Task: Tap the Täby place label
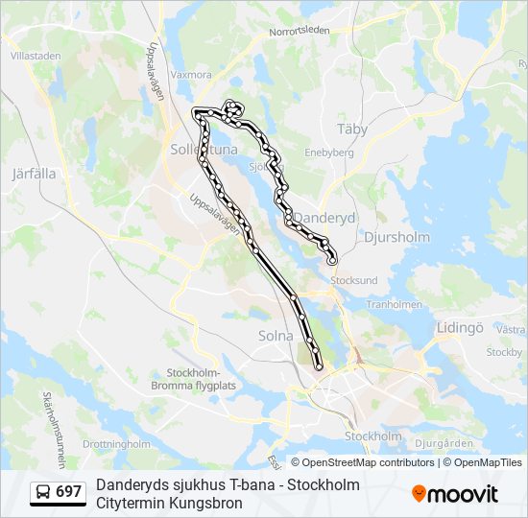tap(352, 129)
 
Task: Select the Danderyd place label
tap(324, 219)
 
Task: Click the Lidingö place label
tap(459, 327)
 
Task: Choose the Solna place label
tap(276, 336)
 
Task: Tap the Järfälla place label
tap(35, 175)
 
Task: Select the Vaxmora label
tap(190, 74)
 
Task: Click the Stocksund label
tap(354, 281)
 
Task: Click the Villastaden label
tap(36, 56)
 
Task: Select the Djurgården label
tap(444, 443)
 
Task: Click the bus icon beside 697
tap(44, 492)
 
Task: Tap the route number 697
tap(69, 492)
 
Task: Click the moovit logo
tap(455, 493)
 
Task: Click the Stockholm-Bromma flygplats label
tap(194, 379)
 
